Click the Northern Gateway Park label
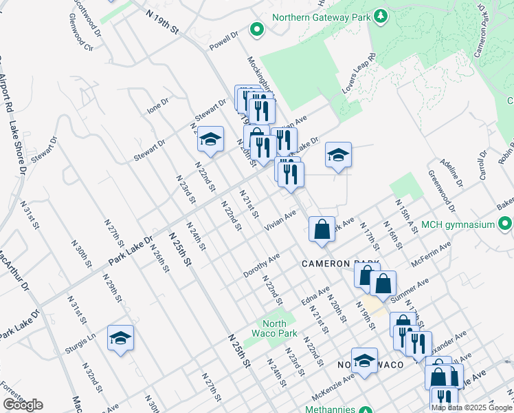click(321, 17)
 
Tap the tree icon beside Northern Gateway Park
click(380, 17)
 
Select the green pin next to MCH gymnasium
click(506, 224)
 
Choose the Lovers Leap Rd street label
click(359, 75)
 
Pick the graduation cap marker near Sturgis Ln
click(120, 338)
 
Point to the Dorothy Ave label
click(262, 265)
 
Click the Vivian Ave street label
click(280, 220)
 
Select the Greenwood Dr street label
click(442, 191)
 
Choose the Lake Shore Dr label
click(18, 147)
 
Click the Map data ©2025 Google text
click(472, 407)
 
